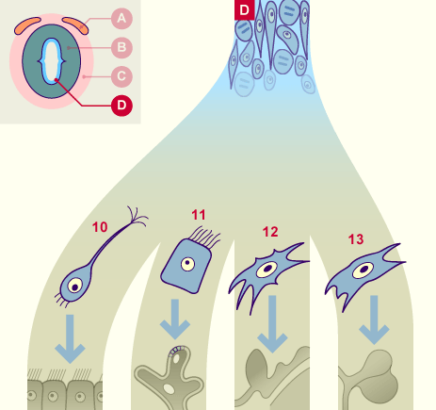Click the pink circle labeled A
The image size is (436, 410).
point(121,19)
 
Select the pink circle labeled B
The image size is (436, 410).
point(121,47)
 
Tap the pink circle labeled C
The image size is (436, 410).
point(121,76)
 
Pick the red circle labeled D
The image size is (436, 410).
point(121,106)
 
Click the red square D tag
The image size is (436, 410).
point(244,9)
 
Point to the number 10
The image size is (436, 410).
point(100,227)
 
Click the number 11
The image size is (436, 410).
point(199,215)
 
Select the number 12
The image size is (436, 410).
point(270,232)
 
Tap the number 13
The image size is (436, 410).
point(356,239)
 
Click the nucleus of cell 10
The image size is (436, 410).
point(75,286)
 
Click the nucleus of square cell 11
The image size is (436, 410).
point(187,264)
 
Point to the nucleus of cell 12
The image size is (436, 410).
point(267,270)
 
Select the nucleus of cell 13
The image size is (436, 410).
point(363,271)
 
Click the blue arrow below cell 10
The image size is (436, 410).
point(70,338)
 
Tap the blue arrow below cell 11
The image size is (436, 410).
point(175,319)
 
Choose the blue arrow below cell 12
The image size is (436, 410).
point(272,324)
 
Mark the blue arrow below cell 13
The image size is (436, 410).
point(374,320)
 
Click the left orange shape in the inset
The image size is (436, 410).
point(27,25)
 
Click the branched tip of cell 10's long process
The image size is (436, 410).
point(137,216)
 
